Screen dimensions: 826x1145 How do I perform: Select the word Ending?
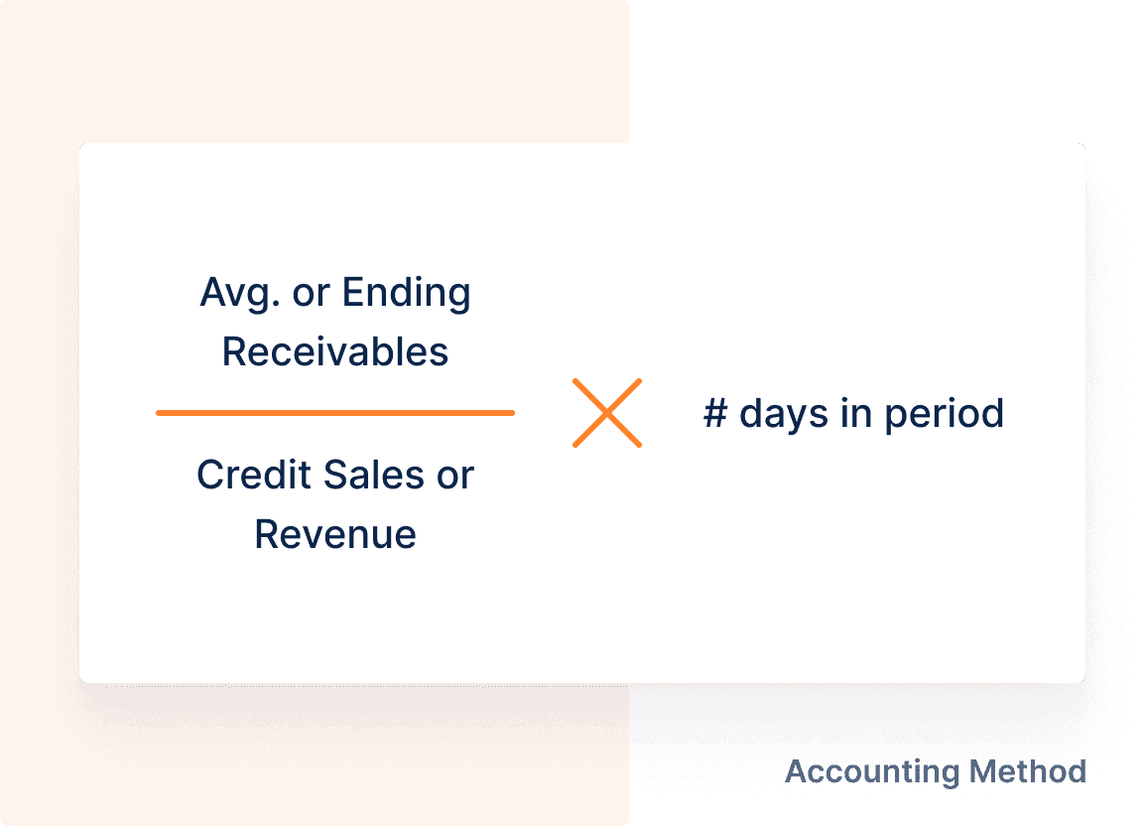tap(406, 294)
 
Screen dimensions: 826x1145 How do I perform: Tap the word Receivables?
tap(335, 352)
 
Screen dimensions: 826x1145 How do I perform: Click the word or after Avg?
tap(312, 294)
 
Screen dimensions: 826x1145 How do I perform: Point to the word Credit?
tap(244, 476)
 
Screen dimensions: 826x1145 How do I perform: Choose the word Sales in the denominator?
tap(364, 476)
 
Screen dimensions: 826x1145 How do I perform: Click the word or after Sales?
tap(454, 476)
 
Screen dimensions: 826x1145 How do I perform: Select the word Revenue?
tap(335, 534)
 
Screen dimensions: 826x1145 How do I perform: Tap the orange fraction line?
tap(335, 412)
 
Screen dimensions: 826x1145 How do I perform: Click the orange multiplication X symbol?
tap(607, 412)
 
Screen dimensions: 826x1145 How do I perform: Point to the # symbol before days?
tap(715, 413)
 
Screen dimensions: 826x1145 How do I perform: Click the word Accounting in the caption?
tap(859, 771)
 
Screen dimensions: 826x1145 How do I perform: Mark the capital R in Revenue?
tap(266, 534)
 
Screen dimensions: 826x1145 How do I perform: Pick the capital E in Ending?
tap(352, 294)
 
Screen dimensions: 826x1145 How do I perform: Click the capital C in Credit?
tap(209, 476)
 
